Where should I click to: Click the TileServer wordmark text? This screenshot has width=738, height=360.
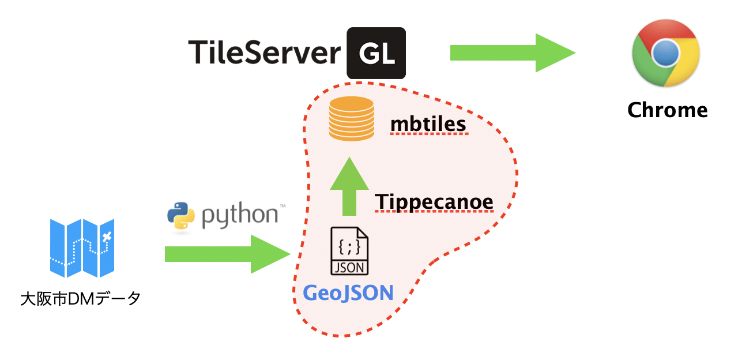pos(264,52)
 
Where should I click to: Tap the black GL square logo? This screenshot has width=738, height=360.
pos(376,52)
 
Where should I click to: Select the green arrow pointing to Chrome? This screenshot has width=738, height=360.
pos(513,52)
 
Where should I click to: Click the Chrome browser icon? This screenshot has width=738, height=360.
pos(666,52)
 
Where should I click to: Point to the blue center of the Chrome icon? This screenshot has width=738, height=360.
pos(666,52)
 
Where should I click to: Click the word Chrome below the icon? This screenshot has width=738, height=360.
pos(668,110)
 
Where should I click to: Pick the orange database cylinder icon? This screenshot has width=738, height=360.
pos(352,119)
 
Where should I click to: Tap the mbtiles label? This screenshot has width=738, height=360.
pos(428,124)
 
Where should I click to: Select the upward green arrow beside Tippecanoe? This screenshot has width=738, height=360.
pos(349,186)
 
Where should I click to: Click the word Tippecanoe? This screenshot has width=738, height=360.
pos(434,202)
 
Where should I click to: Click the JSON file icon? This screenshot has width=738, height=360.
pos(349,251)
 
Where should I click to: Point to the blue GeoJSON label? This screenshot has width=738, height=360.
pos(348,292)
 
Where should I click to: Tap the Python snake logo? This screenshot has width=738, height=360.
pos(181,216)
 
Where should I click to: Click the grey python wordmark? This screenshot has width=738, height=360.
pos(240,215)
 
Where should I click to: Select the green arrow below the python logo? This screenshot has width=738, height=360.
pos(227,254)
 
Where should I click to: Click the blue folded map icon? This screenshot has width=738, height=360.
pos(82,248)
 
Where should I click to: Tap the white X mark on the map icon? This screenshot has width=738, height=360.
pos(107,237)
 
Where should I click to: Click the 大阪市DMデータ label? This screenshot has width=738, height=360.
pos(80,299)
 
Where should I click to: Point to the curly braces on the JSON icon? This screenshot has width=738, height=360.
pos(349,246)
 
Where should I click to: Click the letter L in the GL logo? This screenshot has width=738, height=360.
pos(388,54)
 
